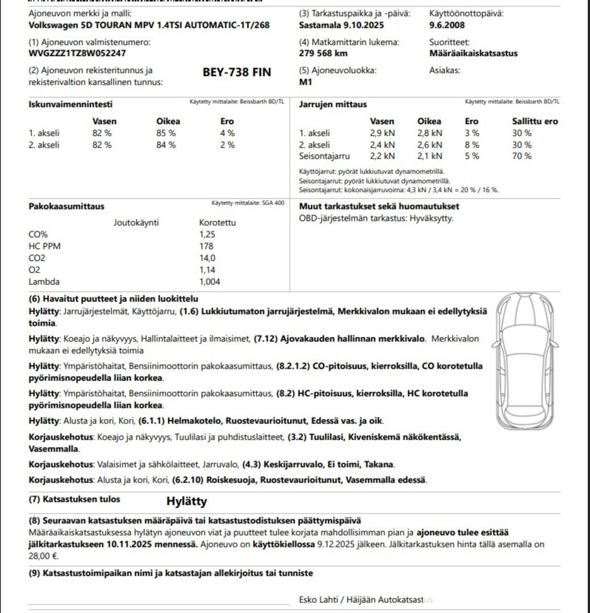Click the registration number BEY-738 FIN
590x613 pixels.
point(236,73)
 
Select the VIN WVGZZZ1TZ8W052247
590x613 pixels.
point(77,53)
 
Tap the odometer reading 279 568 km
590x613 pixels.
point(323,53)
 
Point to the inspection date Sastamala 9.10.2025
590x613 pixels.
point(341,25)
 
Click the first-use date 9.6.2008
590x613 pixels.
point(447,25)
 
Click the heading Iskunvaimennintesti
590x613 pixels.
point(70,104)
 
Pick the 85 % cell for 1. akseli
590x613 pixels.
point(166,133)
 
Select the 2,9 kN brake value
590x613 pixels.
point(382,133)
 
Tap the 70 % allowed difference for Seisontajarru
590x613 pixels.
point(522,156)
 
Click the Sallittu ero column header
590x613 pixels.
point(535,121)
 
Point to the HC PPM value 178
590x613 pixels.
point(206,246)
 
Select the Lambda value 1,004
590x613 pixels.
point(210,282)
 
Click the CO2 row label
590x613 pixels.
point(37,258)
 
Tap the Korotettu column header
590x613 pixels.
point(217,222)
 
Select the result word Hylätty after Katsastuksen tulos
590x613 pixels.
point(186,502)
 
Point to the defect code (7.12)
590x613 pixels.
point(265,339)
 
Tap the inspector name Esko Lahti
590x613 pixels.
point(318,600)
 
